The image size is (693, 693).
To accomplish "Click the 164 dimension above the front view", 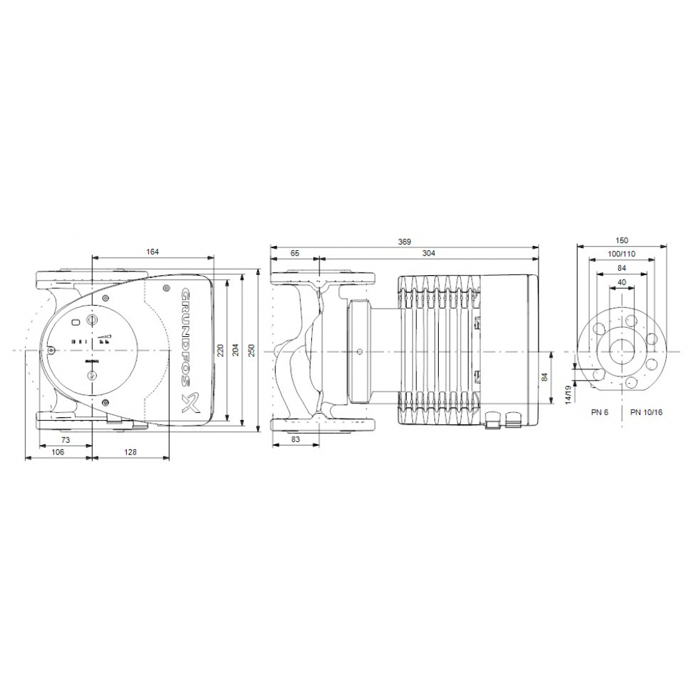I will tap(153, 252).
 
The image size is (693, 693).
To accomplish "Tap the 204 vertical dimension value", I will tap(236, 351).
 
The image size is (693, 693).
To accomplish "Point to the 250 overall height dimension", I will tap(252, 352).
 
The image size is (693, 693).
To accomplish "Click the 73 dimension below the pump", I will tap(65, 440).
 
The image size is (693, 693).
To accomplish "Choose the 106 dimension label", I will tap(58, 452).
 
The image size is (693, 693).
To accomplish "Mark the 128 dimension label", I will tap(130, 452).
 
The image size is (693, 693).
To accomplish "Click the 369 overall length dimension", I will tap(405, 242).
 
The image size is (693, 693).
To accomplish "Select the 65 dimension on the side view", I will tap(295, 254).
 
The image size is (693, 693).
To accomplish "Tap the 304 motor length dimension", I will tap(428, 254).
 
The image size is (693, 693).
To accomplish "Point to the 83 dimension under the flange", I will tap(295, 440).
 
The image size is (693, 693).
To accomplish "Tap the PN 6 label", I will tap(599, 412).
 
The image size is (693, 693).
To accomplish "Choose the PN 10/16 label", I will tap(646, 412).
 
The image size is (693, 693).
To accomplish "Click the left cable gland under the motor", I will tap(493, 418).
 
